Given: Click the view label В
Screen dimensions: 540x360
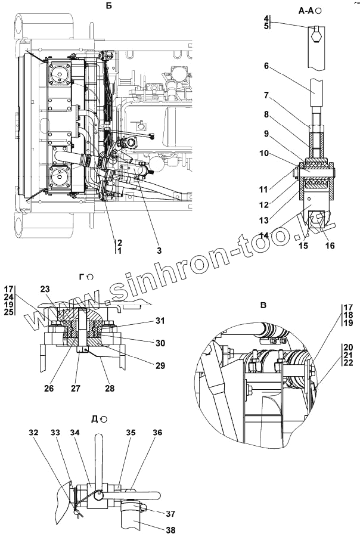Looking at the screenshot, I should click(x=263, y=305).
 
